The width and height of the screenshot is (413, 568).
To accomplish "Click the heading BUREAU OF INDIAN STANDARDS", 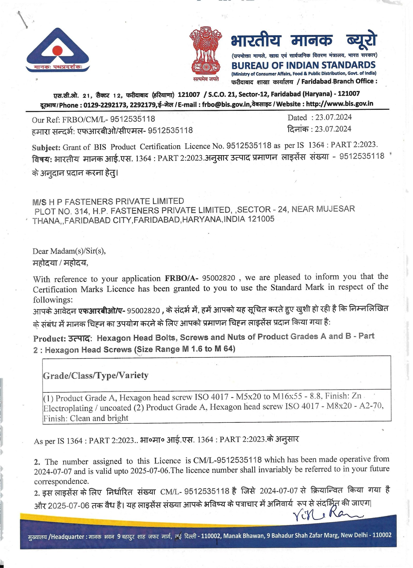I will (303, 65).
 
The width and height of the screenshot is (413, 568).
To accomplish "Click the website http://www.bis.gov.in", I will (339, 104).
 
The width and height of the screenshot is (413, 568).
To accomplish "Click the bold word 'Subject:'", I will (46, 147).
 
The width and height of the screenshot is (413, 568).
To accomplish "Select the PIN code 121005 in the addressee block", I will (261, 219).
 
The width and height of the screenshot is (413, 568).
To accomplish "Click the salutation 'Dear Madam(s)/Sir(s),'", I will (69, 251).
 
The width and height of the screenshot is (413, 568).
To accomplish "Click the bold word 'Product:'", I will (50, 339).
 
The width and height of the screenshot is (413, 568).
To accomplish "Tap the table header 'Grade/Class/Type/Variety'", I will (96, 375).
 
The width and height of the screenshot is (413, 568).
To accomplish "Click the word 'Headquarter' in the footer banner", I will (68, 537).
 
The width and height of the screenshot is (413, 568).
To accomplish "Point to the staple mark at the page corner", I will (23, 20).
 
